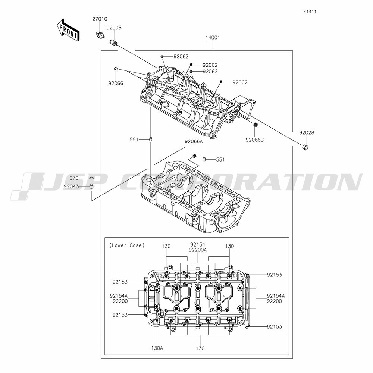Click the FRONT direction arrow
68,30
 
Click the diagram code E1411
310,12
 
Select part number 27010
100,19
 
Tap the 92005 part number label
114,28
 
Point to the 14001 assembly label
213,37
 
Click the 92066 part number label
116,83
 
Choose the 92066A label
194,141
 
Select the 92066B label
254,140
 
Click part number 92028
307,132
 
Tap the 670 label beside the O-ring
74,178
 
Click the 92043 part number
71,187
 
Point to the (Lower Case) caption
127,245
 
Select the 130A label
157,348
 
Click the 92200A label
198,250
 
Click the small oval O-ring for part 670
91,178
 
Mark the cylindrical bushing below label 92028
305,147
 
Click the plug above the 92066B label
255,125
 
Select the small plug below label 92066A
194,156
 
